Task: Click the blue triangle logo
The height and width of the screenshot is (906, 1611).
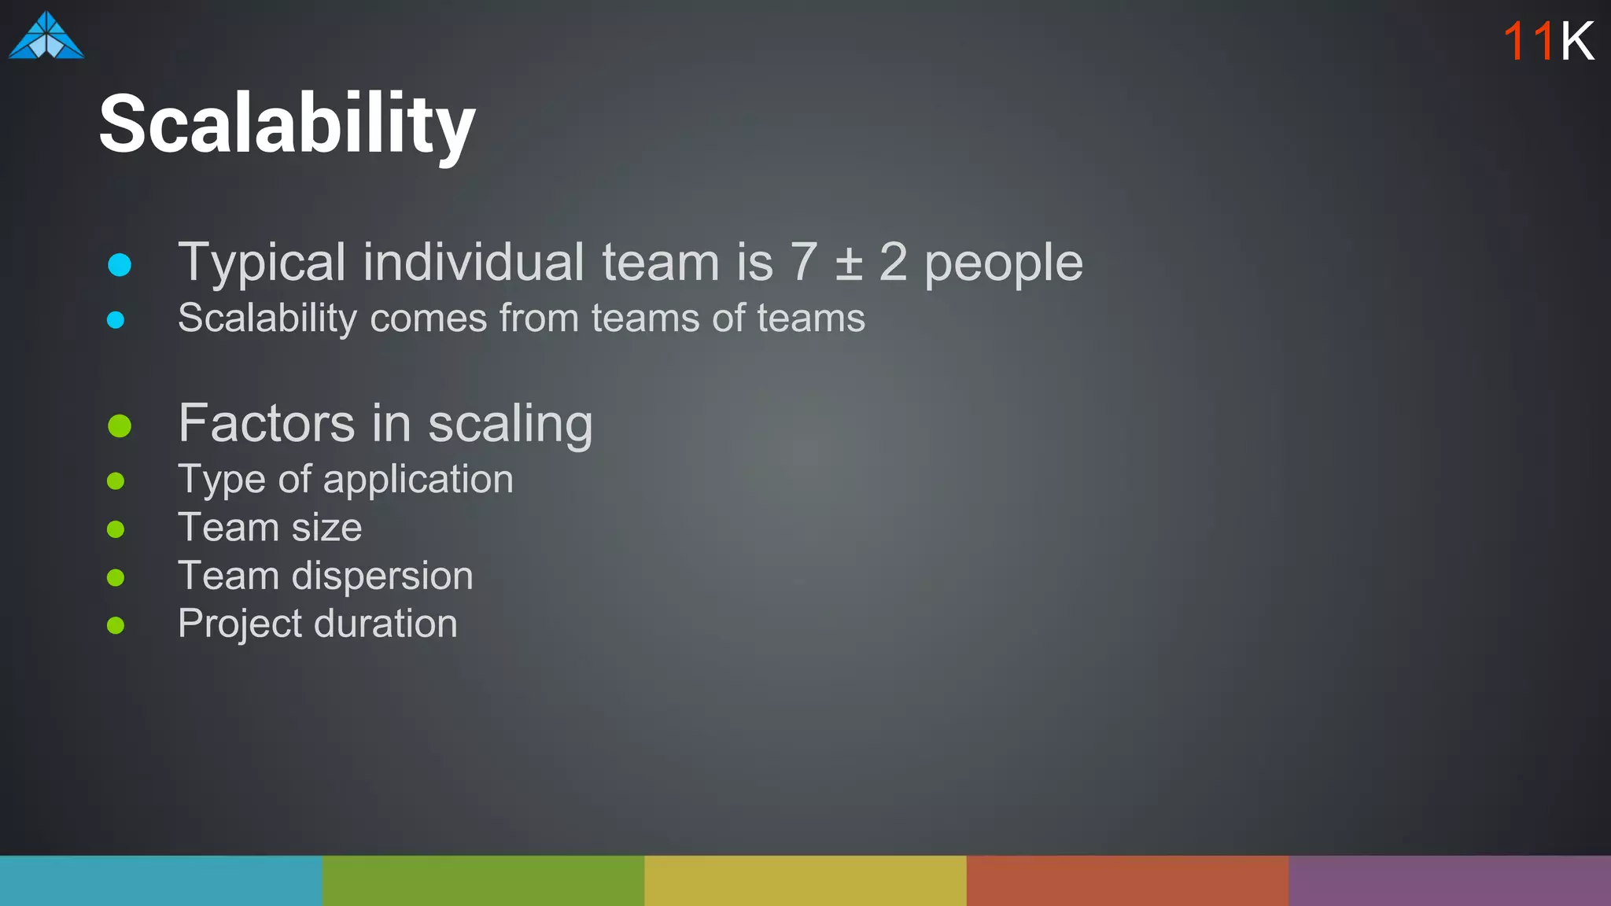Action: (x=46, y=37)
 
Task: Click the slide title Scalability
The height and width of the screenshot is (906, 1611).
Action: (x=287, y=124)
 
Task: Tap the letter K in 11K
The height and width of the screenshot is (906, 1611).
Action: (x=1577, y=41)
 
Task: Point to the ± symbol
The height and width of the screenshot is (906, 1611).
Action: (x=849, y=263)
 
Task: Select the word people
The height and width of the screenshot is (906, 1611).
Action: (x=1003, y=263)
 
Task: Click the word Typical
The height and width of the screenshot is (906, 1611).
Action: (x=261, y=263)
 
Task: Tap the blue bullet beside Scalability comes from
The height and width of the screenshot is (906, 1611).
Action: (x=116, y=320)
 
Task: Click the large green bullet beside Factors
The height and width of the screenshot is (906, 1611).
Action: (x=120, y=425)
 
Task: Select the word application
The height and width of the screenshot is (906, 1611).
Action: (x=418, y=480)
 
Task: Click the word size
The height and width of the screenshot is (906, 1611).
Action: (x=326, y=528)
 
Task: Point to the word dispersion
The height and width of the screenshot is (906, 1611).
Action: (x=382, y=576)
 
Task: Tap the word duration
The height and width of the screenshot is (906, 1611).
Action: (x=385, y=624)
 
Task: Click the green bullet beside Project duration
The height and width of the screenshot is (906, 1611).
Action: (x=116, y=626)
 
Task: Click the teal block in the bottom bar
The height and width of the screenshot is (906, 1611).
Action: (x=160, y=880)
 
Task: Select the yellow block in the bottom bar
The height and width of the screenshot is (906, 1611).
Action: (x=805, y=880)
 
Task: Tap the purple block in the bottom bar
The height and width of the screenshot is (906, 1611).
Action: (x=1449, y=880)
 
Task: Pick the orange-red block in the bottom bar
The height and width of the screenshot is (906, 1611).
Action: (x=1127, y=880)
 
